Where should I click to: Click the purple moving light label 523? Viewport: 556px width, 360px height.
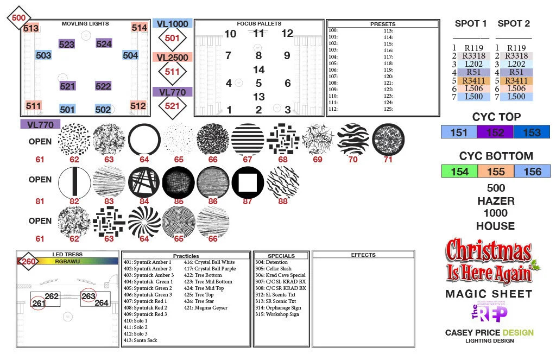pyautogui.click(x=66, y=44)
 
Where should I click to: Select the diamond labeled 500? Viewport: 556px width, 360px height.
pyautogui.click(x=18, y=17)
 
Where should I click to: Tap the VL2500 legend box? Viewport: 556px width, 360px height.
pyautogui.click(x=172, y=58)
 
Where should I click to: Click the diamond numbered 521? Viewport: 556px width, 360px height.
pyautogui.click(x=172, y=106)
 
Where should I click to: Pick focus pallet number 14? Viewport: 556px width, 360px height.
pyautogui.click(x=258, y=70)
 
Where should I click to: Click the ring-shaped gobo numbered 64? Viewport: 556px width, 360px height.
pyautogui.click(x=144, y=140)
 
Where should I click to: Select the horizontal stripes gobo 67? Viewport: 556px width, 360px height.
pyautogui.click(x=248, y=140)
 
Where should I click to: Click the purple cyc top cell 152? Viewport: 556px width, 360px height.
pyautogui.click(x=495, y=132)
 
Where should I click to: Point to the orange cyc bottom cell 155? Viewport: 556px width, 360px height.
pyautogui.click(x=495, y=172)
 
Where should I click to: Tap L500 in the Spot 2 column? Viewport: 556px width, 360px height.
pyautogui.click(x=516, y=97)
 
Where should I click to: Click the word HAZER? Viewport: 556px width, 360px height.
pyautogui.click(x=496, y=200)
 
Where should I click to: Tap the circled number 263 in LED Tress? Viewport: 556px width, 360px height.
pyautogui.click(x=88, y=296)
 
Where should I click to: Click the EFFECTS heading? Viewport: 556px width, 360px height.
pyautogui.click(x=363, y=255)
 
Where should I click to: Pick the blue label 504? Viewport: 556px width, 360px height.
pyautogui.click(x=130, y=55)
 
